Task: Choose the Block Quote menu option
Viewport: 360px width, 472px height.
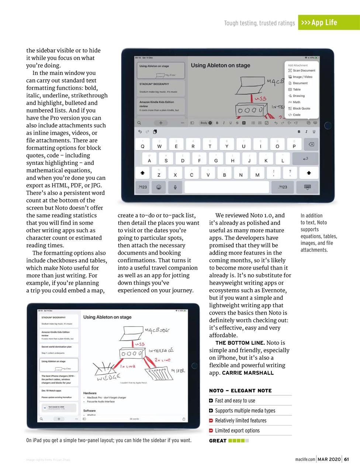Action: pyautogui.click(x=301, y=108)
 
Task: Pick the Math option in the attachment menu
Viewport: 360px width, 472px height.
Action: pyautogui.click(x=296, y=102)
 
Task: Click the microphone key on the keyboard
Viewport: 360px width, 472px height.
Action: pyautogui.click(x=175, y=187)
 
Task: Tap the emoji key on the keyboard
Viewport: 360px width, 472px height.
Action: pyautogui.click(x=159, y=187)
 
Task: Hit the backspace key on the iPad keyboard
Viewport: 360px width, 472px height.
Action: pyautogui.click(x=311, y=145)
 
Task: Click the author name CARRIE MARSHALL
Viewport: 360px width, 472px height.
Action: pyautogui.click(x=248, y=373)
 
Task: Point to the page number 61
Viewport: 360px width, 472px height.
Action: pyautogui.click(x=346, y=459)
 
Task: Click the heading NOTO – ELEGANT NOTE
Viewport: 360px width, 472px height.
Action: pyautogui.click(x=240, y=391)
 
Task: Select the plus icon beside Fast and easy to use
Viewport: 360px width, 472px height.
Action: pyautogui.click(x=211, y=400)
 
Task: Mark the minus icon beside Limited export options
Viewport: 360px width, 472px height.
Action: pyautogui.click(x=211, y=430)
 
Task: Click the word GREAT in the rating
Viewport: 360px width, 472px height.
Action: pyautogui.click(x=218, y=441)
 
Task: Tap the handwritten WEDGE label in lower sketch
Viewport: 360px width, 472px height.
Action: pyautogui.click(x=108, y=377)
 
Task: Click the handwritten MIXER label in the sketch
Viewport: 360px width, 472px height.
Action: pyautogui.click(x=178, y=371)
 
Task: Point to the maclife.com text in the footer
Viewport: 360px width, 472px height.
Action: pyautogui.click(x=305, y=459)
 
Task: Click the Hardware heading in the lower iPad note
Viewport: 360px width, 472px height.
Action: pyautogui.click(x=90, y=393)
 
